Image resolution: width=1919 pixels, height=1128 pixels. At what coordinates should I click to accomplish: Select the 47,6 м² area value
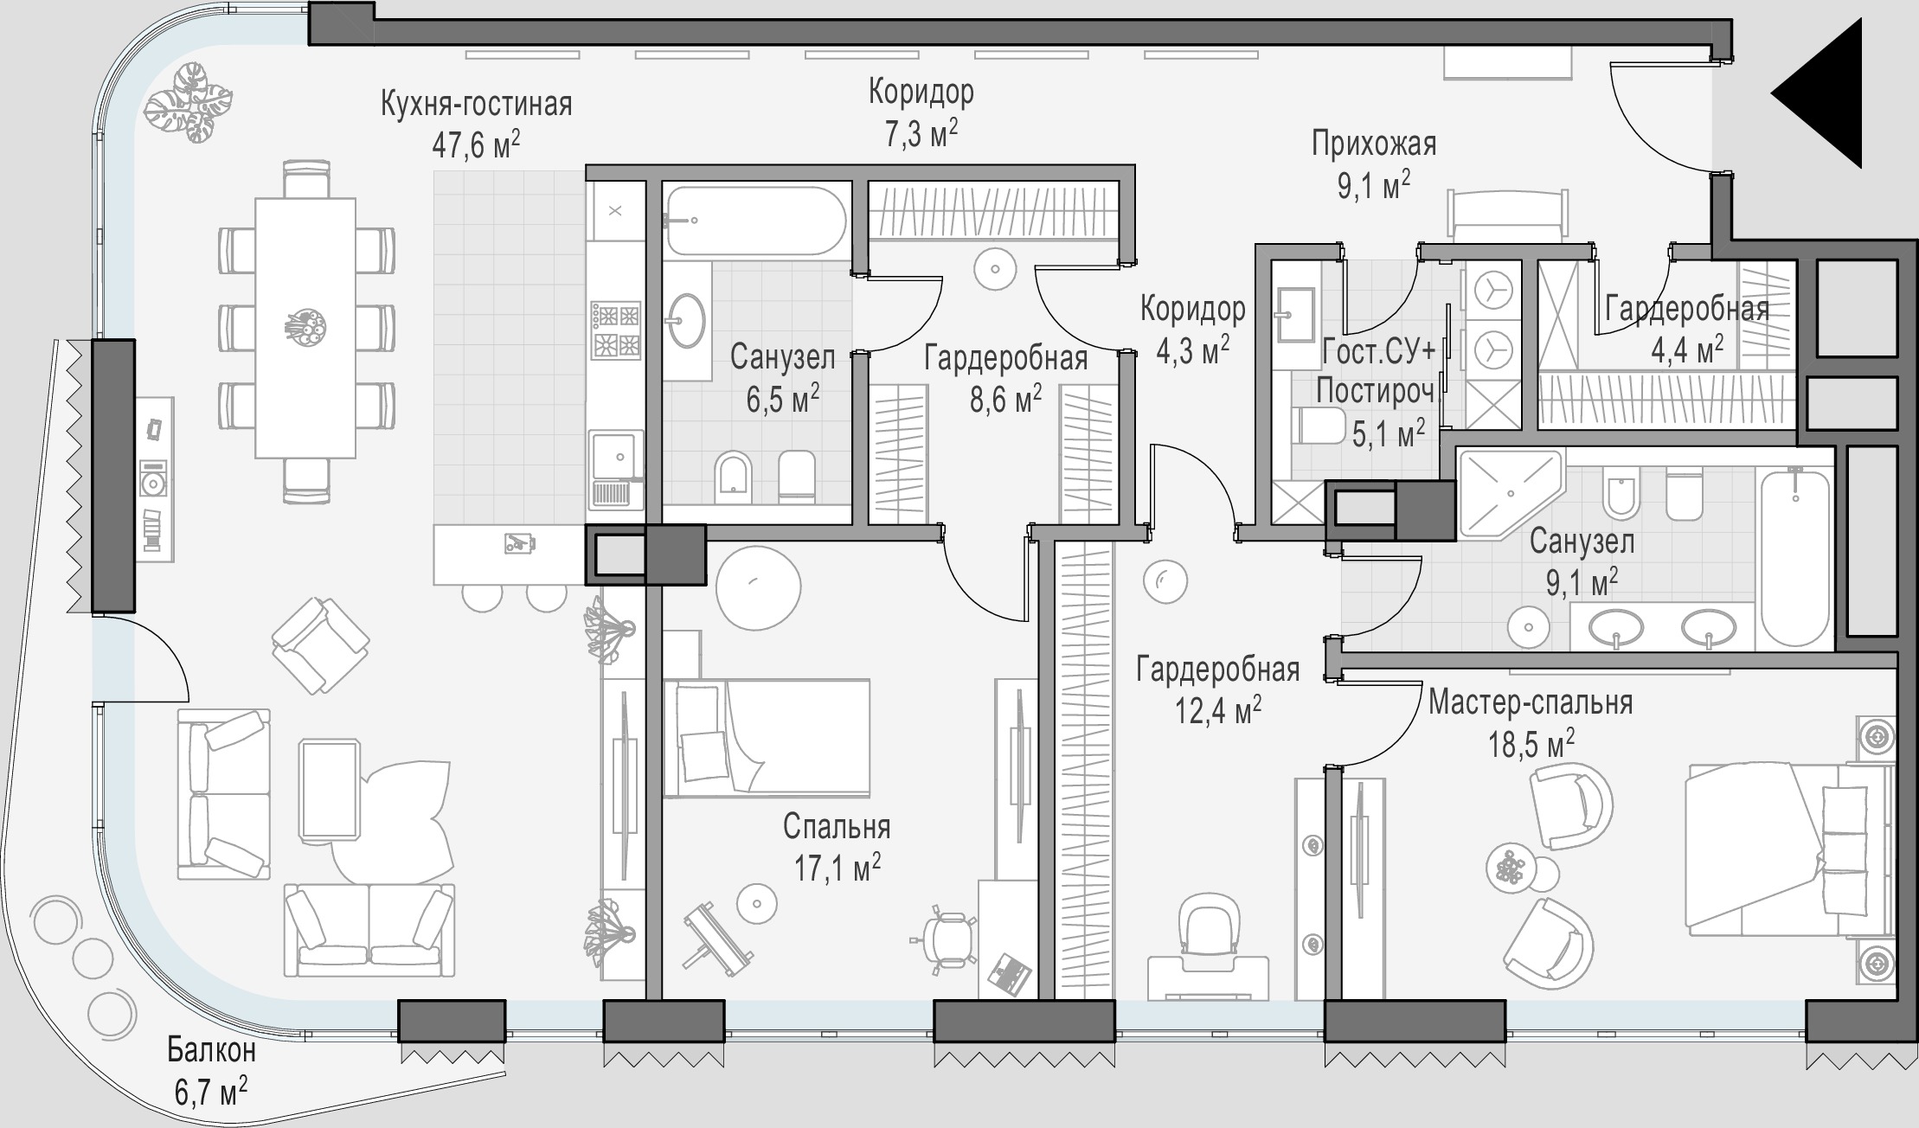click(x=476, y=144)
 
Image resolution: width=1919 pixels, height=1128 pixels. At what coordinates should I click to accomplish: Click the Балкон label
click(x=211, y=1051)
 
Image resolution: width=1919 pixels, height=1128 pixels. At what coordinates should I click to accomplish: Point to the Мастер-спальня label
click(x=1531, y=702)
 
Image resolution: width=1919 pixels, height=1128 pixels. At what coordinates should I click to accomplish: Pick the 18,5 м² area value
click(x=1531, y=743)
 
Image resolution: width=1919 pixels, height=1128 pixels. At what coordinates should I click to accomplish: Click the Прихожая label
click(x=1374, y=144)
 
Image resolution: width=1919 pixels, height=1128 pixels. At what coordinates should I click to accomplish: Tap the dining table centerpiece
click(x=305, y=326)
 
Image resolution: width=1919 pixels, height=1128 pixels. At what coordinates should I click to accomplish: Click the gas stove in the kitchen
click(x=616, y=330)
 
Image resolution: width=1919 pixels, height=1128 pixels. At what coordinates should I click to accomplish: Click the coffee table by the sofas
click(x=330, y=790)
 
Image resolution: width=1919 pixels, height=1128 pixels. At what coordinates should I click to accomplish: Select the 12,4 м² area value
click(x=1218, y=710)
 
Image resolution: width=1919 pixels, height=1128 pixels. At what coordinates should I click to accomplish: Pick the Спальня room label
click(x=837, y=828)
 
